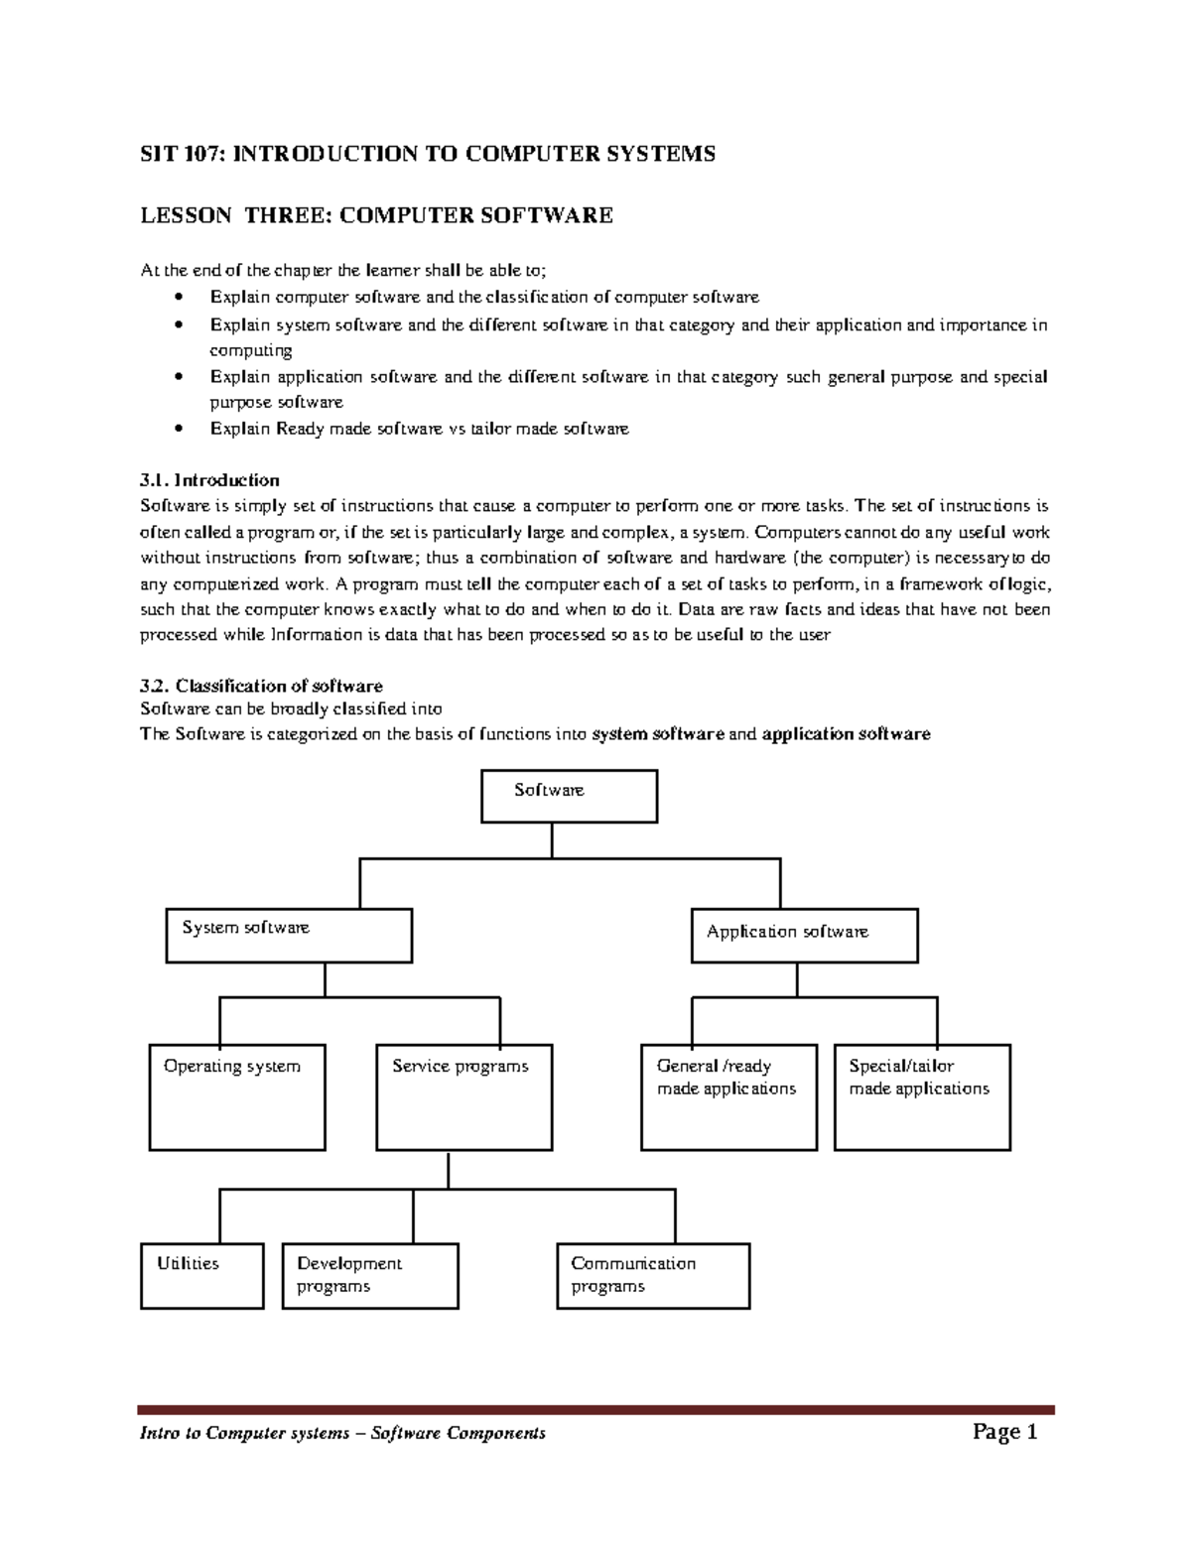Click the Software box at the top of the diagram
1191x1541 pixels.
pyautogui.click(x=569, y=796)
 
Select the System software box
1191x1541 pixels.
pyautogui.click(x=289, y=936)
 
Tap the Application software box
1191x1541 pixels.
pyautogui.click(x=804, y=936)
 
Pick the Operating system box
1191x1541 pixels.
pyautogui.click(x=237, y=1096)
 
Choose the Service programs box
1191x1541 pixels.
pyautogui.click(x=464, y=1096)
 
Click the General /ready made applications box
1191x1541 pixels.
pyautogui.click(x=729, y=1096)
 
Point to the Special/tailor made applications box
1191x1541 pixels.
pyautogui.click(x=922, y=1096)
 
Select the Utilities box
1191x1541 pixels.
pyautogui.click(x=202, y=1276)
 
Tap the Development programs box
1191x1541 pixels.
pyautogui.click(x=370, y=1276)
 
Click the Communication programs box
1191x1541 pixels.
pyautogui.click(x=653, y=1276)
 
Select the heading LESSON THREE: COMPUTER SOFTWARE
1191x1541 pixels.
pyautogui.click(x=376, y=215)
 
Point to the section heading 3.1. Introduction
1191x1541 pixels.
pyautogui.click(x=209, y=480)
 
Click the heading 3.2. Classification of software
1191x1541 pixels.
pyautogui.click(x=261, y=686)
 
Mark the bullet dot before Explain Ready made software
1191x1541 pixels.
pyautogui.click(x=177, y=429)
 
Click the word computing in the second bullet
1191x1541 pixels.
pyautogui.click(x=250, y=350)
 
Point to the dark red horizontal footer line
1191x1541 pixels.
pyautogui.click(x=595, y=1409)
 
